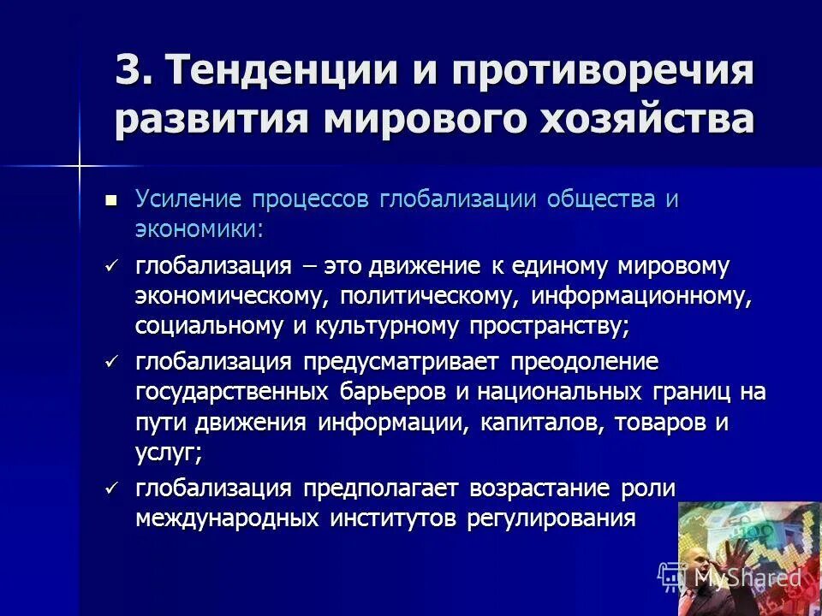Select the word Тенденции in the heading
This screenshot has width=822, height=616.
coord(277,71)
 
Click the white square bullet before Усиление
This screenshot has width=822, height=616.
coord(110,200)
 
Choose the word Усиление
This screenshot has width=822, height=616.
coord(188,199)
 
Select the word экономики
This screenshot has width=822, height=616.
coord(198,228)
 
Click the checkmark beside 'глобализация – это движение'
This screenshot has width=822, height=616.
coord(110,266)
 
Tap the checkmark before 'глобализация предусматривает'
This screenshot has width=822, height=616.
coord(110,362)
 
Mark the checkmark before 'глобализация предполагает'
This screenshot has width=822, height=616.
coord(110,489)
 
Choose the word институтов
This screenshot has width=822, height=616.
coord(386,518)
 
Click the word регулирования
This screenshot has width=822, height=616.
coord(551,518)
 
